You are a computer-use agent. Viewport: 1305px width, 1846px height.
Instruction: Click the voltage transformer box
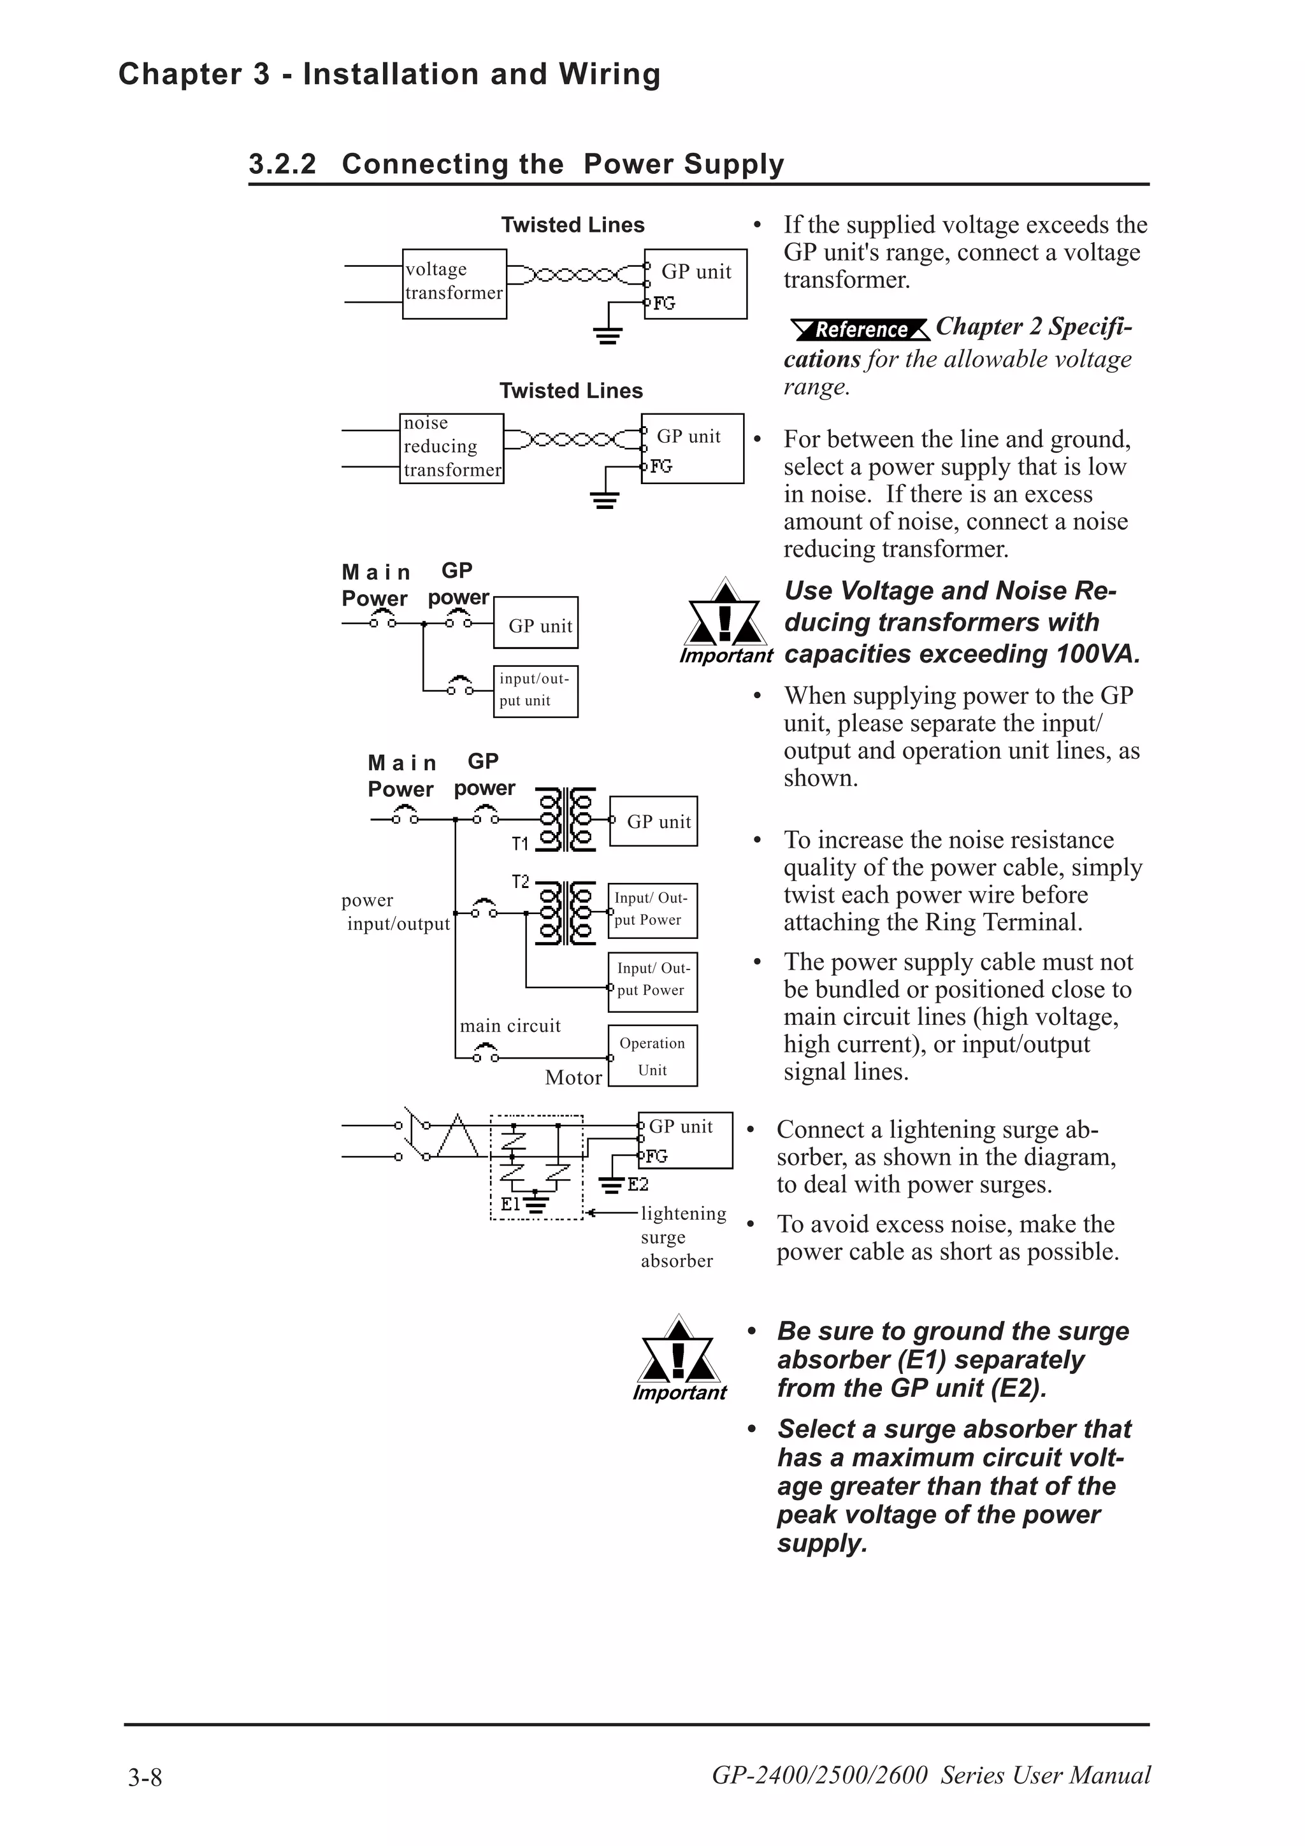[454, 284]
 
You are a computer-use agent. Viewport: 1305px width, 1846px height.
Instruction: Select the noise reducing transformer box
[451, 448]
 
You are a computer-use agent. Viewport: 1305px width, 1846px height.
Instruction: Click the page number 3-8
[145, 1776]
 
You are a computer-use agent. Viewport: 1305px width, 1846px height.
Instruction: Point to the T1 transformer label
[520, 843]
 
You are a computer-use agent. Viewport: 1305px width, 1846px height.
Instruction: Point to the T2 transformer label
[520, 882]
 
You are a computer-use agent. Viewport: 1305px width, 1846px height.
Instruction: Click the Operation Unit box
[652, 1055]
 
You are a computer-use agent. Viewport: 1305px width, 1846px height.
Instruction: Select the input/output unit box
[535, 690]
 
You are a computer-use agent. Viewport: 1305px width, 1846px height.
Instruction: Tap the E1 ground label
[510, 1204]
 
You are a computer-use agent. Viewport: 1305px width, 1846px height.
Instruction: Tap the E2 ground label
[638, 1184]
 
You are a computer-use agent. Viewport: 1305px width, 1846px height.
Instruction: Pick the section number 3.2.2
[282, 164]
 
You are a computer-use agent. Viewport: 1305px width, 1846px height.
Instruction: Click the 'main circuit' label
[510, 1026]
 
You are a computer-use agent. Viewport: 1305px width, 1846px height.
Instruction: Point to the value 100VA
[1097, 654]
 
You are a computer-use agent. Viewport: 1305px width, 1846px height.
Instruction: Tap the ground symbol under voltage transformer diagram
[608, 334]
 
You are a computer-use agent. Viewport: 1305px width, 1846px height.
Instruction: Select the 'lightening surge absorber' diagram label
[682, 1236]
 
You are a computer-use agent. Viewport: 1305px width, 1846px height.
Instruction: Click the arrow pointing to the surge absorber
[611, 1212]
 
